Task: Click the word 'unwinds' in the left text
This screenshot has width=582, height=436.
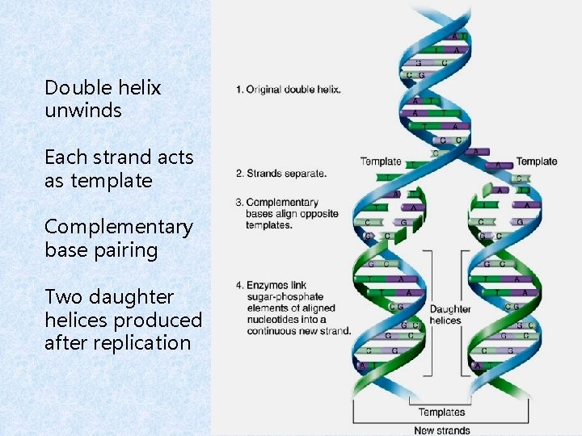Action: click(83, 111)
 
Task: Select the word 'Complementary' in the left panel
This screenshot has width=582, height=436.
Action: click(119, 227)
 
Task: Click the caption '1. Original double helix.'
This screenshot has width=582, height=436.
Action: click(288, 90)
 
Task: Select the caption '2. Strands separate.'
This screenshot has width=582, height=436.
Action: click(280, 173)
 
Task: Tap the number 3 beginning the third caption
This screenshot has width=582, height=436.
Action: click(238, 202)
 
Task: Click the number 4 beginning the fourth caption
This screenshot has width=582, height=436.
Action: click(238, 285)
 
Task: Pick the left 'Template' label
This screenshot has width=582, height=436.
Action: click(381, 161)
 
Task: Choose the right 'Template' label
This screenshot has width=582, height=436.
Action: click(537, 161)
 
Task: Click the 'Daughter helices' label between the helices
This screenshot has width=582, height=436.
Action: click(450, 315)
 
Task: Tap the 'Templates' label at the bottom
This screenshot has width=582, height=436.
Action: click(441, 413)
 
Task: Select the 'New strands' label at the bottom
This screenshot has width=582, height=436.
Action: click(441, 430)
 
